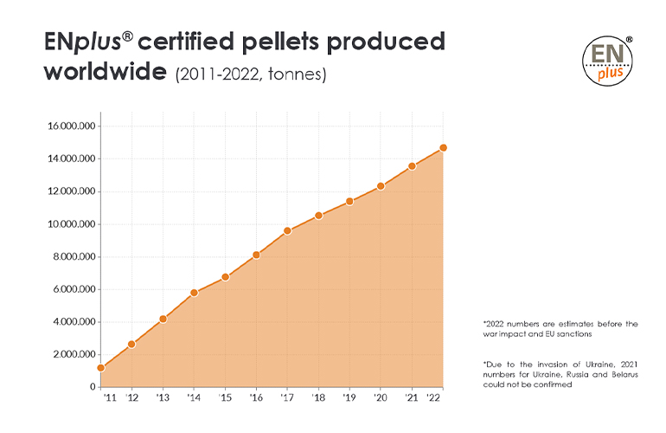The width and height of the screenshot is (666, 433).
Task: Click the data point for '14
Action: point(194,293)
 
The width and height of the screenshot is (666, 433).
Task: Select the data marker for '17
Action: point(287,231)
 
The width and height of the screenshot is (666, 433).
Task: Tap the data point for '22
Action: point(443,148)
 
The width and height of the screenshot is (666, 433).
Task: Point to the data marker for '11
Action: point(101,368)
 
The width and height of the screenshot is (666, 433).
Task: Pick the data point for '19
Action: point(349,202)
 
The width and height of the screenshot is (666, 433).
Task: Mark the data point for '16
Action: point(256,255)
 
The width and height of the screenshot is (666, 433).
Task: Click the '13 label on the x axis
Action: point(163,397)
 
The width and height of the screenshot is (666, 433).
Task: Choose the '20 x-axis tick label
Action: point(381,397)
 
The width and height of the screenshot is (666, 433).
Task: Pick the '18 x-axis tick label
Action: point(318,397)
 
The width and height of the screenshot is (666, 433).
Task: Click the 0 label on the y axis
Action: point(92,387)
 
